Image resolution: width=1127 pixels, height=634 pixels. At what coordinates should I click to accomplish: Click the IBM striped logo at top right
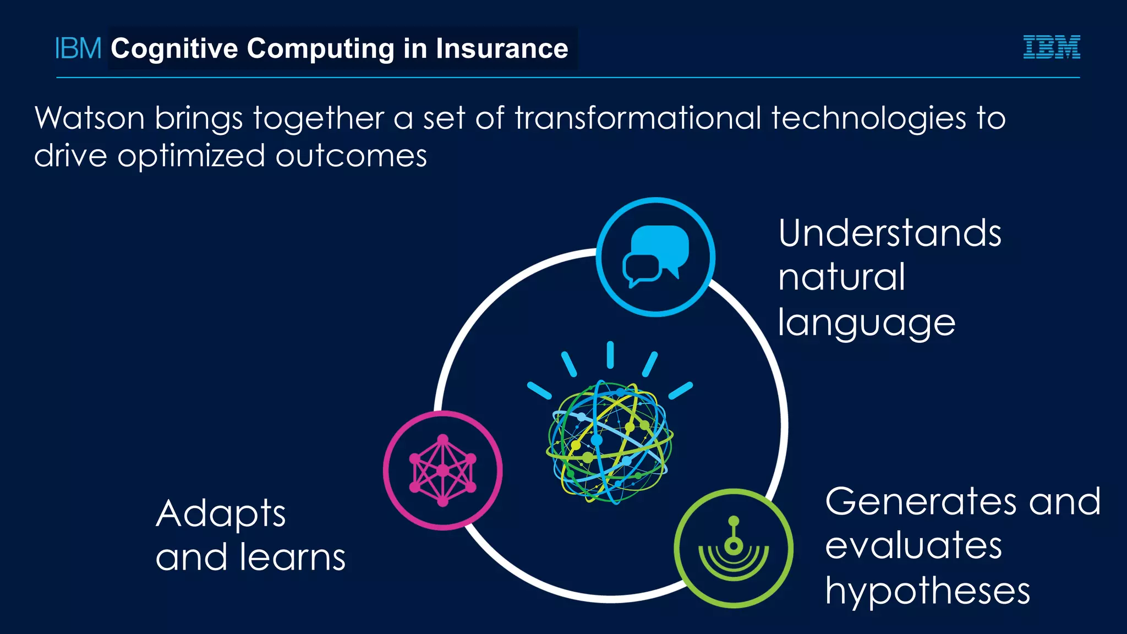tap(1051, 47)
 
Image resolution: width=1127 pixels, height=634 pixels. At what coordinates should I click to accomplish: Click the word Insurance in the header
tap(501, 48)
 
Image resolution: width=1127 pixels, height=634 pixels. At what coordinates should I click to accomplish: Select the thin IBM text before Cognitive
tap(78, 48)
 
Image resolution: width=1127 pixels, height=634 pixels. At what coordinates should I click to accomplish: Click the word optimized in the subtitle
tap(191, 156)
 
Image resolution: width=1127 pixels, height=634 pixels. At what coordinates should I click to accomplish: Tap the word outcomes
tap(351, 156)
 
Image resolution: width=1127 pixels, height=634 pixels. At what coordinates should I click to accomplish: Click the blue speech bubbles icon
tap(655, 256)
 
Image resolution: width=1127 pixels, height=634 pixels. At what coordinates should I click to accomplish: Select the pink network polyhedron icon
tap(443, 471)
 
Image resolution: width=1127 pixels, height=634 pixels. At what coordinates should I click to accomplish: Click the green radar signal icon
tap(734, 548)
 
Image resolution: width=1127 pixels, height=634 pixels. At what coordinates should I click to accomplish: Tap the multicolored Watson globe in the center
tap(610, 441)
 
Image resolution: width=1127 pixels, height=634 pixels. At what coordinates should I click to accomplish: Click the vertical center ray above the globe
tap(610, 355)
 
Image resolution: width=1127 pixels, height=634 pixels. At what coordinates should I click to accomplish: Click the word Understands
tap(889, 233)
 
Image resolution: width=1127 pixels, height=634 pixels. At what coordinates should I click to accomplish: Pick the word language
tap(866, 323)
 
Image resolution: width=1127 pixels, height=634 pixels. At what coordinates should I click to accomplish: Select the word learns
tap(292, 557)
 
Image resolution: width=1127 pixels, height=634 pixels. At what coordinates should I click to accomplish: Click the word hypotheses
tap(927, 592)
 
